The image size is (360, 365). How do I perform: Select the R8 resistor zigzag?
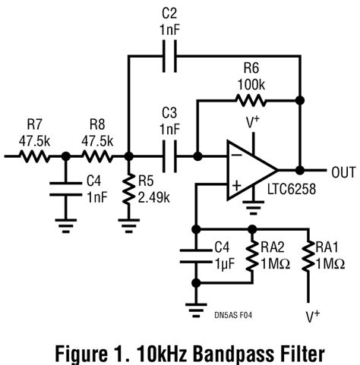click(x=97, y=157)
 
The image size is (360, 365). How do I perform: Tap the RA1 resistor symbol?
click(x=308, y=256)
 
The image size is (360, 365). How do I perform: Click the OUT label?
click(x=342, y=171)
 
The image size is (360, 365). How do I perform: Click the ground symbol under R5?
click(x=127, y=223)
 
